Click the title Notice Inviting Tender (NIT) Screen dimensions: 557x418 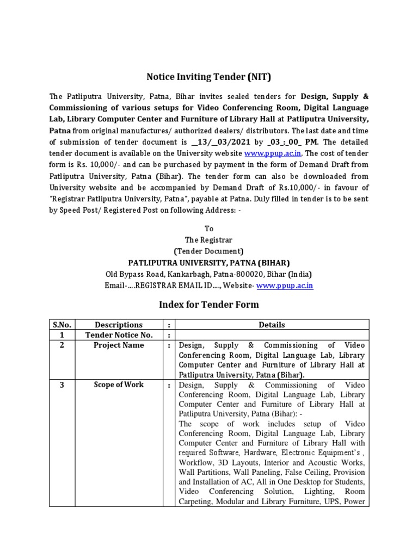coord(209,77)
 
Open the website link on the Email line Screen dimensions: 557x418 coord(285,286)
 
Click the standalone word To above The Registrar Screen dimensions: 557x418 coord(209,229)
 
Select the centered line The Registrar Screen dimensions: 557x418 coord(209,240)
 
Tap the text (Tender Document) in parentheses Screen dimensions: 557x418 coord(209,251)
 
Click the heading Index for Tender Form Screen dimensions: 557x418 coord(209,305)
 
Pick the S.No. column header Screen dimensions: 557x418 coord(62,325)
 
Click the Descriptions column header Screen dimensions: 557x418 coord(119,325)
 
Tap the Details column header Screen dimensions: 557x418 coord(272,325)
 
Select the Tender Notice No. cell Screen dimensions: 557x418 coord(119,335)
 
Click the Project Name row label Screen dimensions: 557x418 coord(119,345)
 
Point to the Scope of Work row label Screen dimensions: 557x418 coord(119,385)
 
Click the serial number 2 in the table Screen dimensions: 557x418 coord(62,345)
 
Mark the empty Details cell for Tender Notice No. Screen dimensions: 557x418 coord(272,335)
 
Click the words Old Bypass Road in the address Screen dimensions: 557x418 coord(131,274)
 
